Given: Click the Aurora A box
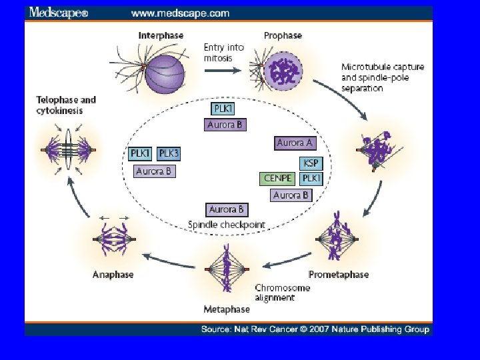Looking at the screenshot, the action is (x=295, y=143).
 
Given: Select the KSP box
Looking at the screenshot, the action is (x=311, y=163).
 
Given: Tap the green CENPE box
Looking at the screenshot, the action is (x=277, y=179).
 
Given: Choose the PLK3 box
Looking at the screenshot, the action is (x=169, y=154).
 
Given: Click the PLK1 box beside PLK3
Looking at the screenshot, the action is (x=140, y=154).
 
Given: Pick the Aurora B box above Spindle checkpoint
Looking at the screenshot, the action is (x=227, y=210).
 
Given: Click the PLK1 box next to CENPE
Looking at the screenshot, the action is (x=311, y=179).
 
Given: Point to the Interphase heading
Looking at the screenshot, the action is (x=161, y=35).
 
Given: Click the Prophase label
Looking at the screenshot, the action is (x=283, y=35).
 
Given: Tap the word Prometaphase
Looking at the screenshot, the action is (x=339, y=275).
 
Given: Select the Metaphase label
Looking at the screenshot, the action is (x=227, y=309).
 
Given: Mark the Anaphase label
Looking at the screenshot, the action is (x=113, y=274).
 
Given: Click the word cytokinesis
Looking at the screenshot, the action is (x=59, y=111).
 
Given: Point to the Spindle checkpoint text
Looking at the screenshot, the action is (x=227, y=225).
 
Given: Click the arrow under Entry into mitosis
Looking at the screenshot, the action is (x=223, y=71).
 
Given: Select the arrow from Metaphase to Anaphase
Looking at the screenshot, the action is (x=169, y=261).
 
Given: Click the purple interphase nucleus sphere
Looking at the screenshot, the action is (x=165, y=75).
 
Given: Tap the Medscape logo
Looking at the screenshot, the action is (x=59, y=13).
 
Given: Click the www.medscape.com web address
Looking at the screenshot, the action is (x=180, y=13).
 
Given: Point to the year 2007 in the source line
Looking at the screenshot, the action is (x=319, y=329).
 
